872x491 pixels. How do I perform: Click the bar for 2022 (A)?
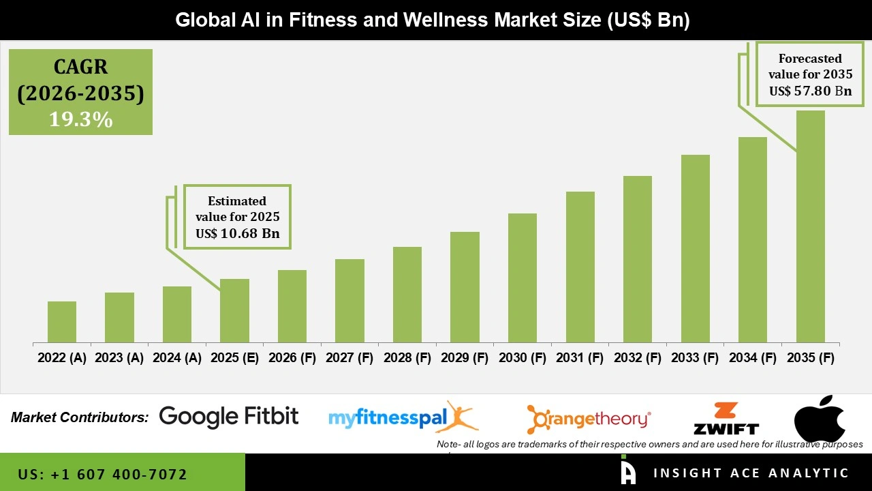click(62, 322)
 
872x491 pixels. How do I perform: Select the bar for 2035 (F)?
click(811, 226)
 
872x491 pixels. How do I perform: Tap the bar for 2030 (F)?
click(523, 278)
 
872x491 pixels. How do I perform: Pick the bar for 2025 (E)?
click(234, 310)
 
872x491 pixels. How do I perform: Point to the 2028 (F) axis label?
click(407, 358)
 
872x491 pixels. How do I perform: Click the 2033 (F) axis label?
click(696, 358)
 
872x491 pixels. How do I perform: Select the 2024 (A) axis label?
click(177, 358)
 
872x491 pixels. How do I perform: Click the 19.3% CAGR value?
click(80, 120)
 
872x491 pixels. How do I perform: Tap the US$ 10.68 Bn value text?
click(237, 234)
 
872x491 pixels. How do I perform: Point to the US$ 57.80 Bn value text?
click(810, 91)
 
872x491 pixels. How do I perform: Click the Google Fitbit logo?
click(229, 416)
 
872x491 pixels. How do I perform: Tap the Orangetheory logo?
click(589, 418)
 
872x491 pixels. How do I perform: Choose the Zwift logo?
click(726, 419)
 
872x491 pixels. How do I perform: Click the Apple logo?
click(820, 417)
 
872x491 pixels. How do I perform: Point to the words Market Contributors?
click(80, 417)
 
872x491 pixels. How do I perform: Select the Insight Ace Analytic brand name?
click(751, 473)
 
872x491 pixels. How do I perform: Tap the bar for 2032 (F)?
click(638, 259)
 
